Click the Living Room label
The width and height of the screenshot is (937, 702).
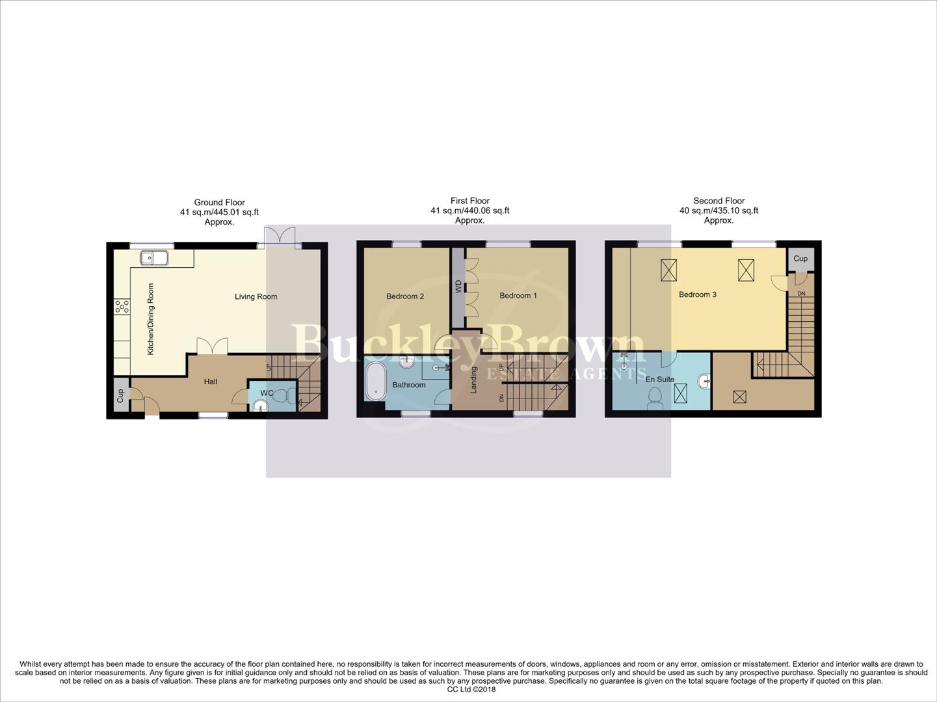[x=256, y=297]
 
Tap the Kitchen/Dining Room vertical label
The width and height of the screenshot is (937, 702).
[x=151, y=318]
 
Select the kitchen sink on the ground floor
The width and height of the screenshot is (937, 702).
[x=154, y=259]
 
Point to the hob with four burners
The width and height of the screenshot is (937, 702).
[x=122, y=306]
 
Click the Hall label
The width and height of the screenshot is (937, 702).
[x=211, y=382]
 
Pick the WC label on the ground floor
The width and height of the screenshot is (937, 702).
[x=267, y=393]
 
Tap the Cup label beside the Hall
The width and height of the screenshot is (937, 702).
[x=120, y=396]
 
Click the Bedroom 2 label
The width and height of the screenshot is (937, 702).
[x=404, y=296]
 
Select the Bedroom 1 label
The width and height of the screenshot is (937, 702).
[x=518, y=296]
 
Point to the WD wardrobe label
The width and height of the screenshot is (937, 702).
[x=458, y=286]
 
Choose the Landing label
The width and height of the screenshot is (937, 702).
[x=474, y=380]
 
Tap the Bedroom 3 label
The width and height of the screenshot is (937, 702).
[x=697, y=294]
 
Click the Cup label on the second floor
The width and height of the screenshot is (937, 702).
[x=800, y=259]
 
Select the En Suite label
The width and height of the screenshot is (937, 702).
[x=660, y=379]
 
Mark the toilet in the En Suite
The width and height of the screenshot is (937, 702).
[x=655, y=398]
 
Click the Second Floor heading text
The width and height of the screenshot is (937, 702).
[x=719, y=201]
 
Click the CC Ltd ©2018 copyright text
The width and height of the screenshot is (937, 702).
[x=471, y=690]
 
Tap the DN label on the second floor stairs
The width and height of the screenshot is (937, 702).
[x=801, y=294]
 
